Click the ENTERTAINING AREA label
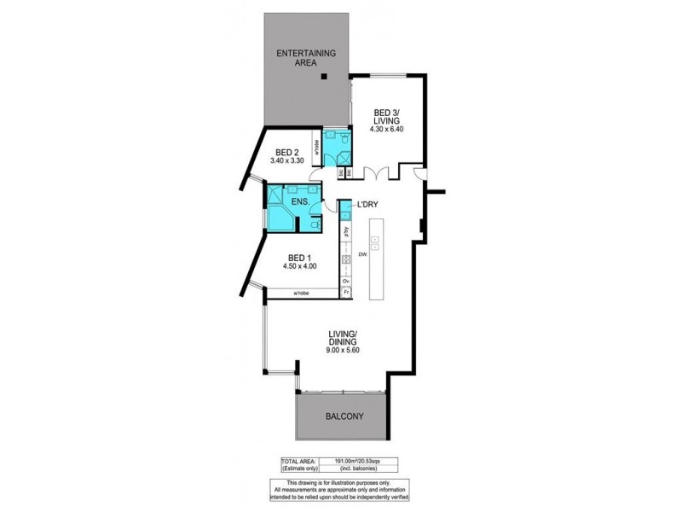pos(307,57)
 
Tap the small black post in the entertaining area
pos(324,78)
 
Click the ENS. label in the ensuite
pos(299,201)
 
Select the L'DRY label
pos(368,205)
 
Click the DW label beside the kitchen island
pos(361,253)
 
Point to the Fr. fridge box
pos(346,293)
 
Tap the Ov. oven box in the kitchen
pos(346,280)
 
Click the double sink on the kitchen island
pos(375,243)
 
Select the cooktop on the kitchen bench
pos(346,259)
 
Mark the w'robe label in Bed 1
pos(301,294)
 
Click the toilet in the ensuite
pos(316,224)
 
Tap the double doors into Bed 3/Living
pos(377,172)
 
